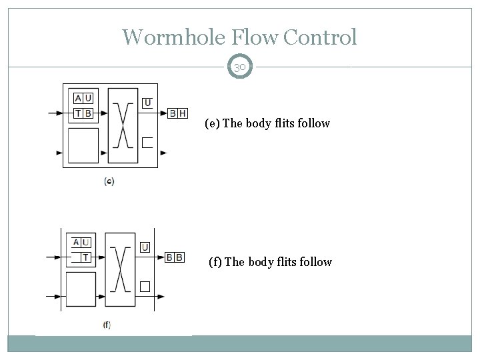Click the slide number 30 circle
(x=240, y=67)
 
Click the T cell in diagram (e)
(x=79, y=113)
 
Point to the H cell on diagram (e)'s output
(x=183, y=113)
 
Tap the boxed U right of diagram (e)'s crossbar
(x=147, y=103)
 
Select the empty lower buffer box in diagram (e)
(x=83, y=145)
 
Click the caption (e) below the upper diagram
(x=109, y=181)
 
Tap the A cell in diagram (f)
(x=75, y=243)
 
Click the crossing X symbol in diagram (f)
(x=120, y=268)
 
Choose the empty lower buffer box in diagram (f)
(x=81, y=288)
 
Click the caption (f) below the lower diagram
(x=107, y=325)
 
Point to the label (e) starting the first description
(x=213, y=123)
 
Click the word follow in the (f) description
(x=315, y=262)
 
